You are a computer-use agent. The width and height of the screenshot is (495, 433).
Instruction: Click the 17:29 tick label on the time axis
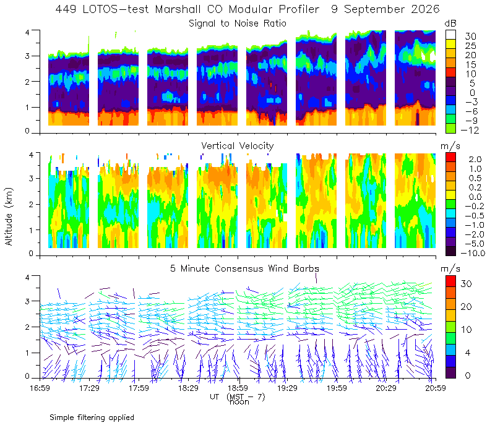(89, 388)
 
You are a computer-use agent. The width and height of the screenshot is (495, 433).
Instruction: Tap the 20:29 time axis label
(385, 388)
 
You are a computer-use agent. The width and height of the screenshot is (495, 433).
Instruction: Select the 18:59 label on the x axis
(238, 388)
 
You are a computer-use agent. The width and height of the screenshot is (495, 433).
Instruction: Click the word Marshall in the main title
(178, 9)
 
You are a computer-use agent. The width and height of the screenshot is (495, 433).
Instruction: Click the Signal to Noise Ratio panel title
(238, 24)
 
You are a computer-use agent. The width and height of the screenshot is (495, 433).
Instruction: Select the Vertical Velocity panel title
(238, 146)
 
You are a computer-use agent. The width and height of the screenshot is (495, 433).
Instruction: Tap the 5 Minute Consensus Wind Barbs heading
(244, 268)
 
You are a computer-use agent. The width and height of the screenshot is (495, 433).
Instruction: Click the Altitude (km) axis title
(9, 216)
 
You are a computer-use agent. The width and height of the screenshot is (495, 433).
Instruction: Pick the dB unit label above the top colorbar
(450, 24)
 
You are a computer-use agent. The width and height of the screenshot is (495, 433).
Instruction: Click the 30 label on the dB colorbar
(470, 36)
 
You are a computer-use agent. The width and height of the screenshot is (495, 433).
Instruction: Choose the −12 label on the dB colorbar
(470, 130)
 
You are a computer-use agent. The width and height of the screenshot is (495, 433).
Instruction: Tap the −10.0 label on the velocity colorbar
(473, 253)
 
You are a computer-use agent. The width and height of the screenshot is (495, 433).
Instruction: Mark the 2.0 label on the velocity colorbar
(475, 160)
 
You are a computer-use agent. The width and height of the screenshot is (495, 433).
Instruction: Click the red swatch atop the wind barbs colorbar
(450, 281)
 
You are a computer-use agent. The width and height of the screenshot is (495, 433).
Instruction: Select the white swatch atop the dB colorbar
(450, 35)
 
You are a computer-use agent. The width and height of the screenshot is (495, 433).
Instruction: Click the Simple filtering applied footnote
(92, 418)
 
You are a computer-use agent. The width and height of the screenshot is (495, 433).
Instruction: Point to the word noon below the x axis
(239, 402)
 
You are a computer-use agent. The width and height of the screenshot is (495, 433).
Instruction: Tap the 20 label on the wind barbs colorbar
(466, 307)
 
